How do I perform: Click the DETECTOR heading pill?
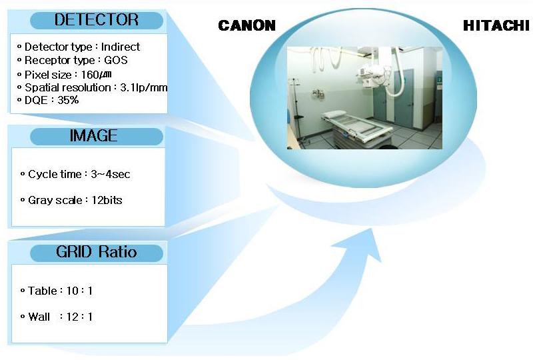click(x=97, y=20)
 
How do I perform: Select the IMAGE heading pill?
click(x=97, y=137)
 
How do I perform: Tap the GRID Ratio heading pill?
click(x=97, y=253)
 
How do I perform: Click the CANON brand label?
click(x=247, y=25)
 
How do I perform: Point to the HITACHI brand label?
click(x=496, y=25)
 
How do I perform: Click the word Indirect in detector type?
click(x=121, y=47)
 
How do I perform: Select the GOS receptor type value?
click(x=115, y=61)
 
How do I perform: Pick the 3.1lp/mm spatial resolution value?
click(x=144, y=88)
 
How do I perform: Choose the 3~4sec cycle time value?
click(x=111, y=174)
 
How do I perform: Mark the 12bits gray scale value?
click(x=107, y=200)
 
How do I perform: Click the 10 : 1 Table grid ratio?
click(x=79, y=291)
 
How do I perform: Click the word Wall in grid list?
click(x=39, y=317)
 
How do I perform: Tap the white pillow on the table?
click(x=333, y=115)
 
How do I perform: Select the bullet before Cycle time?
click(x=23, y=174)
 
